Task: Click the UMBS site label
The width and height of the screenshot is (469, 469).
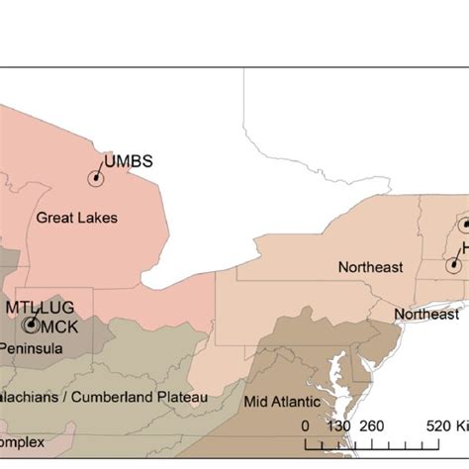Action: coord(129,161)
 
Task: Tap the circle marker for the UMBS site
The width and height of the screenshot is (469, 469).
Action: coord(96,178)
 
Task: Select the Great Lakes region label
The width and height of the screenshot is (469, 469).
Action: coord(76,217)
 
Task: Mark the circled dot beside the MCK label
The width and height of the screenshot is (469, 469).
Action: coord(32,324)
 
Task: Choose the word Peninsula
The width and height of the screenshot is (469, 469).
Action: coord(32,348)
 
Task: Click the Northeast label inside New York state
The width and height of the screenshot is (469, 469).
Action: coord(370,267)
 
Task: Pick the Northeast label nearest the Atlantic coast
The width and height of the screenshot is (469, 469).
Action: coord(426,315)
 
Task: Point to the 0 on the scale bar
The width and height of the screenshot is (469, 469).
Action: coord(306,425)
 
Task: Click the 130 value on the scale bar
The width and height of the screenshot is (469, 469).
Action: coord(338,425)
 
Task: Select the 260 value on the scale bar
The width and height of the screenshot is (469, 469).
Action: coord(372,425)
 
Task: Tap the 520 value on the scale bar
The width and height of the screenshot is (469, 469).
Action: coord(438,425)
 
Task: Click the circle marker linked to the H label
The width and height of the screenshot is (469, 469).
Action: coord(452,264)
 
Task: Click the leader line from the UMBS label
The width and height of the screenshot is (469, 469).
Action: coord(101,170)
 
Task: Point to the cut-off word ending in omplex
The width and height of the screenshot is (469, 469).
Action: coord(23,439)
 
